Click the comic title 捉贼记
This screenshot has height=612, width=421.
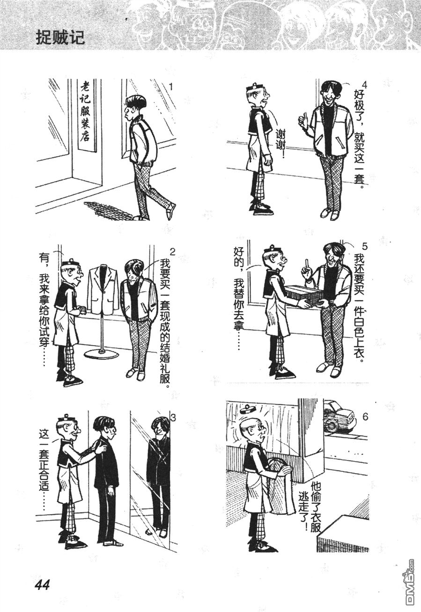click(x=60, y=37)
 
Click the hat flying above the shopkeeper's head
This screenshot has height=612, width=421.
click(x=248, y=409)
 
